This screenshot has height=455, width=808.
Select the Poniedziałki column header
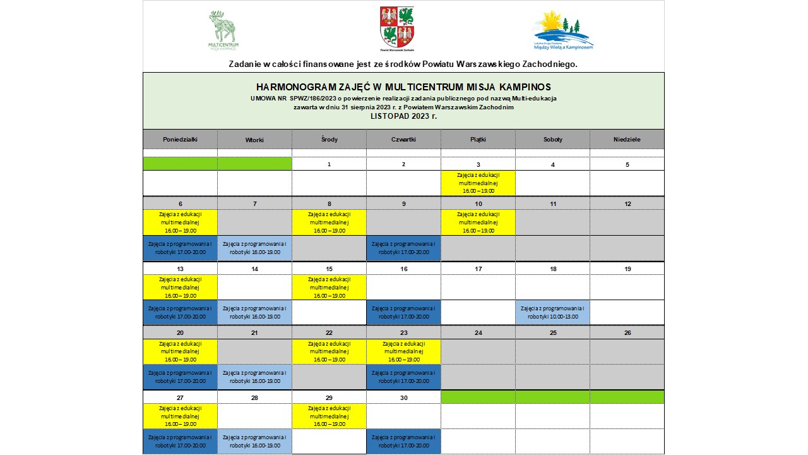[180, 139]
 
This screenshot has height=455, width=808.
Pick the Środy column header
[329, 139]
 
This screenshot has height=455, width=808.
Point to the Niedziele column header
[627, 139]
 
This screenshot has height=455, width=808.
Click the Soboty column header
[552, 139]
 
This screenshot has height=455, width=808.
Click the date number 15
[329, 269]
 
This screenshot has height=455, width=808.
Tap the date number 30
[403, 397]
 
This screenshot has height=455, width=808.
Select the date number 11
[552, 203]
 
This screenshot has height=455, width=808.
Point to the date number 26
[627, 332]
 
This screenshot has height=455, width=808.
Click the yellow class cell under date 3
[478, 183]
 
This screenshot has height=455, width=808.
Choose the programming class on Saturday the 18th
[552, 312]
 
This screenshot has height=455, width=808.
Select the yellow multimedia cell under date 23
[403, 351]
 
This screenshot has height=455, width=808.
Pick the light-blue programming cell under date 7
[254, 248]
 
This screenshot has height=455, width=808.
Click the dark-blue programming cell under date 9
[403, 248]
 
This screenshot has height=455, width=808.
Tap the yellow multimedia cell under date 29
[329, 416]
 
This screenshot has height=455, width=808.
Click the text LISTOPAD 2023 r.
[403, 116]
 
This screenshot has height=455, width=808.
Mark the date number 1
[329, 164]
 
